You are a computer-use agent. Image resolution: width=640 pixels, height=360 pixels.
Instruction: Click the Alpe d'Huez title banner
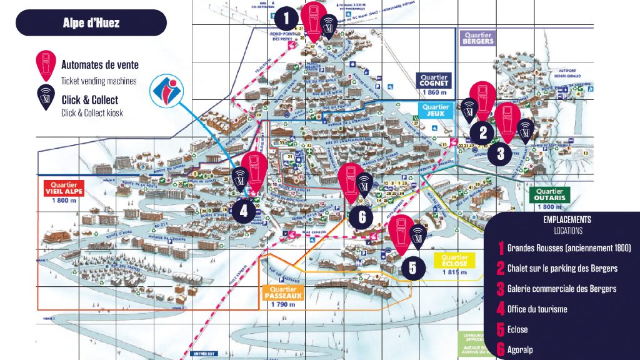pyautogui.click(x=91, y=23)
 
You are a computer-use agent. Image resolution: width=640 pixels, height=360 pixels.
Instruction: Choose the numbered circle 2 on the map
pyautogui.click(x=482, y=132)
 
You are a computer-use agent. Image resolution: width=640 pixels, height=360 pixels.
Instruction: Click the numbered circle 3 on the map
pyautogui.click(x=501, y=153)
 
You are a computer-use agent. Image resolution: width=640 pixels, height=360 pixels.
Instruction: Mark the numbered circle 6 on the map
pyautogui.click(x=362, y=217)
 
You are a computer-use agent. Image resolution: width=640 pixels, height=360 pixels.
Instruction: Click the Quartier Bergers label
pyautogui.click(x=477, y=38)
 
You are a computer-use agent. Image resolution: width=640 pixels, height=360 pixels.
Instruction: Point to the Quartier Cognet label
pyautogui.click(x=435, y=81)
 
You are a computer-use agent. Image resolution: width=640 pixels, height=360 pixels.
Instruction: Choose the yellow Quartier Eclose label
pyautogui.click(x=454, y=261)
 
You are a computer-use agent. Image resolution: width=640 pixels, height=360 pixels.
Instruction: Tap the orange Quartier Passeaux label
pyautogui.click(x=284, y=293)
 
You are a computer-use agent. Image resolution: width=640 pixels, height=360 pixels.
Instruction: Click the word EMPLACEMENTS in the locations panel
pyautogui.click(x=567, y=220)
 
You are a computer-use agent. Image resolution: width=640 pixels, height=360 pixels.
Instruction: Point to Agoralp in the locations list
pyautogui.click(x=520, y=350)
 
